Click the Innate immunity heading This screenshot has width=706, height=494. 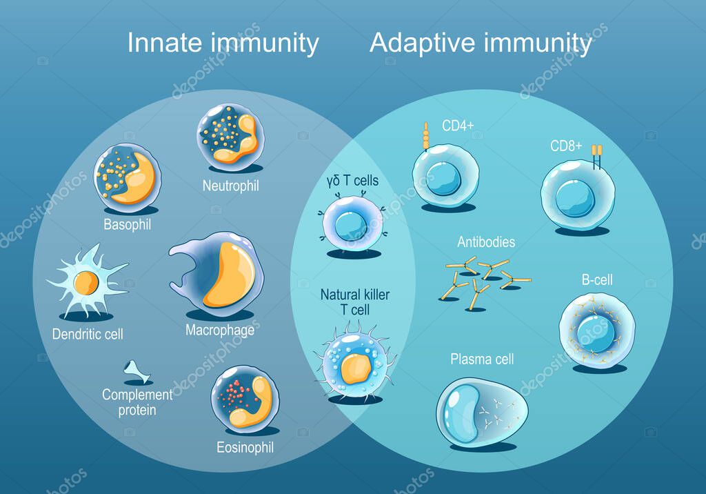tap(223, 43)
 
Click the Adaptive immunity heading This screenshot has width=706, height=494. tap(481, 43)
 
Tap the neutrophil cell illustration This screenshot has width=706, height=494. tap(231, 135)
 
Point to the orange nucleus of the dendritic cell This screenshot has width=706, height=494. tap(86, 282)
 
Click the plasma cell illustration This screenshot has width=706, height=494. tap(483, 411)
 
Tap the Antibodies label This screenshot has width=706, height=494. tap(486, 242)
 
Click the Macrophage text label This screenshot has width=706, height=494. tap(219, 330)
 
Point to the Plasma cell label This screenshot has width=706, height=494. tap(482, 359)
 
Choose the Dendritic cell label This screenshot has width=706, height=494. tap(88, 335)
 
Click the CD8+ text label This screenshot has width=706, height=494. tap(567, 147)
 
